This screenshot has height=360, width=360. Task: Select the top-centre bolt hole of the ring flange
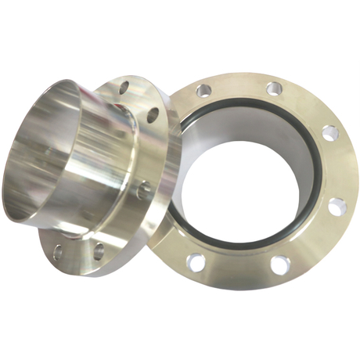(x=272, y=88)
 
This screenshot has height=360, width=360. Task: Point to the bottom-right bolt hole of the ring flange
(x=279, y=265)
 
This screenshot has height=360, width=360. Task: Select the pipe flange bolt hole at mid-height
(x=142, y=189)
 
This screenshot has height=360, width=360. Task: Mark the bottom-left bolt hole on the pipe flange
(x=58, y=252)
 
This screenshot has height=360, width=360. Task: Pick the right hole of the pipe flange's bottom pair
(x=99, y=250)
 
